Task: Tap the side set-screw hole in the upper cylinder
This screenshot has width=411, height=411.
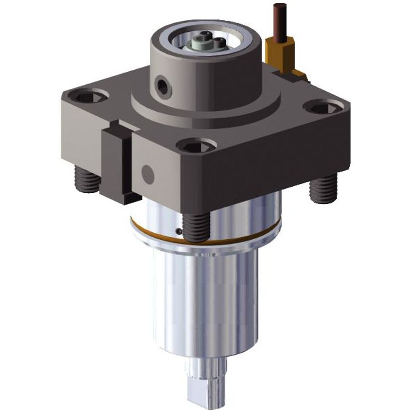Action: click(163, 87)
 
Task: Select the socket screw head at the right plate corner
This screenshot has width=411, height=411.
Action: click(325, 106)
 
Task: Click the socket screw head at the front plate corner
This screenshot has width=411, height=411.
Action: click(196, 145)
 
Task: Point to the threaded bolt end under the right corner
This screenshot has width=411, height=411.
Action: click(323, 188)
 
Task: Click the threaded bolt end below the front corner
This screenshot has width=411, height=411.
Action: click(197, 226)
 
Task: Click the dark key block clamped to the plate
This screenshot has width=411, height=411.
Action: click(116, 164)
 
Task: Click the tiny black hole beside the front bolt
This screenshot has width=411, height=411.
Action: click(179, 231)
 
